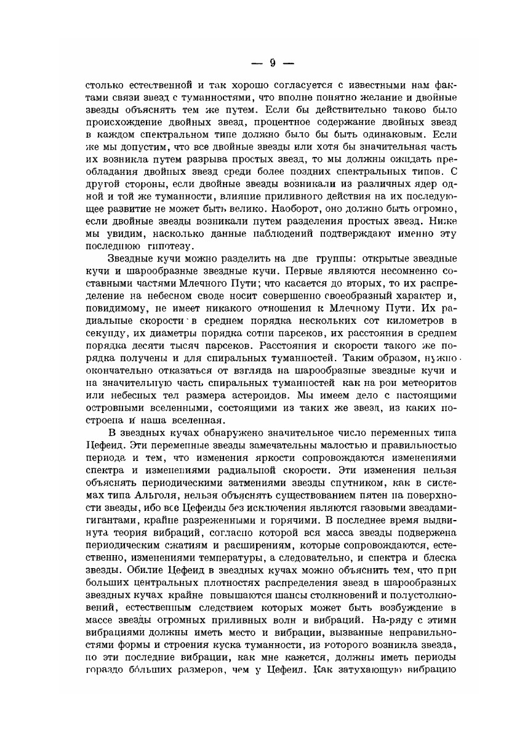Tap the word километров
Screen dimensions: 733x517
[407, 320]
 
